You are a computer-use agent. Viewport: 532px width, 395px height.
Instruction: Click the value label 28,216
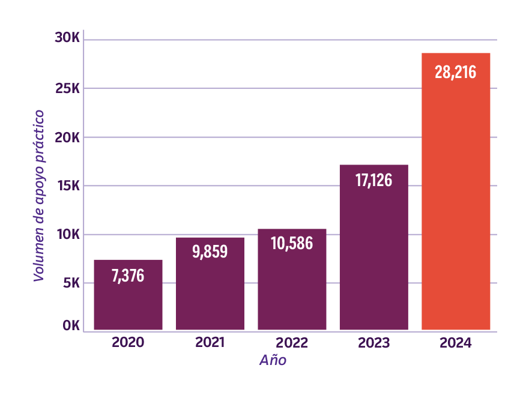tap(455, 73)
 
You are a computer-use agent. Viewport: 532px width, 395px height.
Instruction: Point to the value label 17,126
tap(373, 180)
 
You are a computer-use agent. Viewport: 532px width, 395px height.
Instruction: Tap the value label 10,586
tap(292, 244)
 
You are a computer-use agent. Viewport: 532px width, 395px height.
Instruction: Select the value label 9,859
tap(210, 252)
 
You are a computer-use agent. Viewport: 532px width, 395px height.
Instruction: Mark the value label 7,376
tap(128, 276)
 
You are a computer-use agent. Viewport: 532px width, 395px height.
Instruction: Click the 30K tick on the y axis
tap(67, 38)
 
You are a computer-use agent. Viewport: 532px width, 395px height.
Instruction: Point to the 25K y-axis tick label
tap(67, 88)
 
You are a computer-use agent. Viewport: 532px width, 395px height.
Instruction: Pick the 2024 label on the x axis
tap(455, 343)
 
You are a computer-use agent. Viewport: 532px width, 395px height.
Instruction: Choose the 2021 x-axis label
tap(210, 343)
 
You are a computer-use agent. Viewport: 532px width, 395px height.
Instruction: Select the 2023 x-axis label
tap(373, 343)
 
